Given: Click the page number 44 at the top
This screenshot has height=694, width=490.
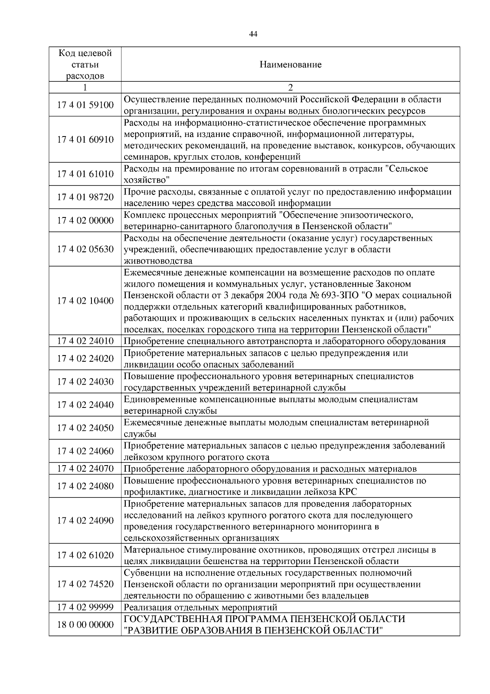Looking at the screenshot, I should [253, 34].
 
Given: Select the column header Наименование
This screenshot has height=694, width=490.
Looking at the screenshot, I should [290, 65].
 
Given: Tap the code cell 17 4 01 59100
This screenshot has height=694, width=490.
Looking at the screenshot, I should [85, 105].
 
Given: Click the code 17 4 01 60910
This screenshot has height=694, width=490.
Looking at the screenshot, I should [85, 140].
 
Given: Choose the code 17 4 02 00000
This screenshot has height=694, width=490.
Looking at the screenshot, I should [85, 221].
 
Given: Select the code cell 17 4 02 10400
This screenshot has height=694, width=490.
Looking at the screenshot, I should [85, 301].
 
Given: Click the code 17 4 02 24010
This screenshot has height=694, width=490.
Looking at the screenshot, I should [85, 341].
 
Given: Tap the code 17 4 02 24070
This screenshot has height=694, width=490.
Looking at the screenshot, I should [85, 469].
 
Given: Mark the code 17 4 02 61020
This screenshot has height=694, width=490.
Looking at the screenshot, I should [85, 555].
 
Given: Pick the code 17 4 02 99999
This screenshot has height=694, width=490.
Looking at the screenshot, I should [85, 607].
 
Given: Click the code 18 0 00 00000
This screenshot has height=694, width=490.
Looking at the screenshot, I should [85, 625].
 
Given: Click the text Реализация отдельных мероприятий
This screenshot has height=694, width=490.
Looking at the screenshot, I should [200, 607].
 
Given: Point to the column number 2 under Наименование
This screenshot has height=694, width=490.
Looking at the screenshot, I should [290, 87].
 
